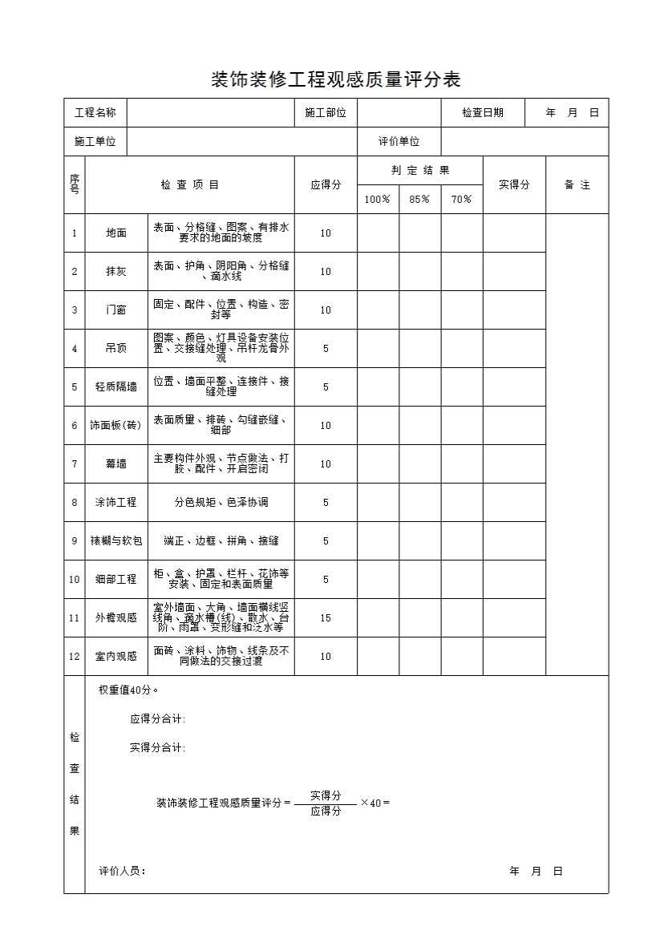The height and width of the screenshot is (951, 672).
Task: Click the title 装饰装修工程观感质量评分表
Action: click(x=335, y=79)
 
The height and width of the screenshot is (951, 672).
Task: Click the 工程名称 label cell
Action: click(x=95, y=113)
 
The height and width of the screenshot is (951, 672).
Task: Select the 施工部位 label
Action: click(x=326, y=113)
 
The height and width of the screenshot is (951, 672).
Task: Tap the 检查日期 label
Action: click(x=483, y=113)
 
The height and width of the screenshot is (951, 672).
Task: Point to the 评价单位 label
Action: click(x=399, y=142)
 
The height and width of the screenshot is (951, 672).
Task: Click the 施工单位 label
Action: click(x=95, y=142)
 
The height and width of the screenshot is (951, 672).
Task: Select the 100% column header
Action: click(x=378, y=200)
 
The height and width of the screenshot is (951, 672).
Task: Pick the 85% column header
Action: click(x=419, y=200)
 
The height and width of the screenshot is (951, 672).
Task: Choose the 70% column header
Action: click(x=461, y=200)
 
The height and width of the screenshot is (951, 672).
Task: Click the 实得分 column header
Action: click(x=514, y=184)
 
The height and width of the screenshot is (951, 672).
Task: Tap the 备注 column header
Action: click(x=577, y=184)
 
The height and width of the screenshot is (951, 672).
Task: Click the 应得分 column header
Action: click(x=326, y=184)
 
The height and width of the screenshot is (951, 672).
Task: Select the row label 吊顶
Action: click(x=116, y=349)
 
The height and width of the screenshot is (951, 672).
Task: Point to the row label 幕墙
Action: click(x=116, y=464)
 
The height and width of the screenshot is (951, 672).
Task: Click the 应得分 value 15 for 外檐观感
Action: click(x=326, y=618)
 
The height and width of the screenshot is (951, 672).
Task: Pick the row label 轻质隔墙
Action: click(x=116, y=387)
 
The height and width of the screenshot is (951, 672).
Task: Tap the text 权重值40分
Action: click(x=128, y=690)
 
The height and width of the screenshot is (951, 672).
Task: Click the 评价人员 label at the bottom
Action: click(x=122, y=872)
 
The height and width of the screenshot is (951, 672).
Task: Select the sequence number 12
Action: click(x=75, y=657)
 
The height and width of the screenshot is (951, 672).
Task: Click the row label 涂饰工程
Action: click(x=116, y=503)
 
